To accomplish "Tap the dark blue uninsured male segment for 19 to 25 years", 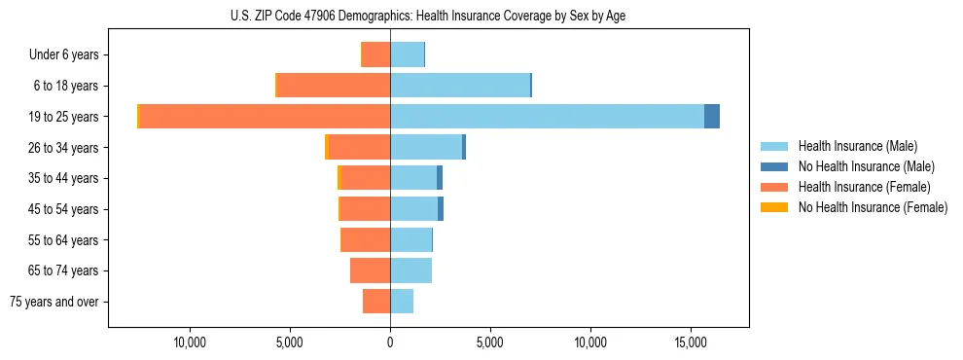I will click(712, 117).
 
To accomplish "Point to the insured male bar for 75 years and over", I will click(402, 302).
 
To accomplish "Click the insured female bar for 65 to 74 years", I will click(371, 270).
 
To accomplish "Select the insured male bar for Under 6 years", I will click(407, 54).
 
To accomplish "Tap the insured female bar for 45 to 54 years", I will click(365, 209).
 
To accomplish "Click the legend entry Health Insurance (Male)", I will click(857, 146).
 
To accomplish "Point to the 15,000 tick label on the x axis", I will click(691, 342).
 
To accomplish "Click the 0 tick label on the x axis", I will click(390, 342).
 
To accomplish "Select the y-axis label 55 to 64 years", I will click(63, 240).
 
